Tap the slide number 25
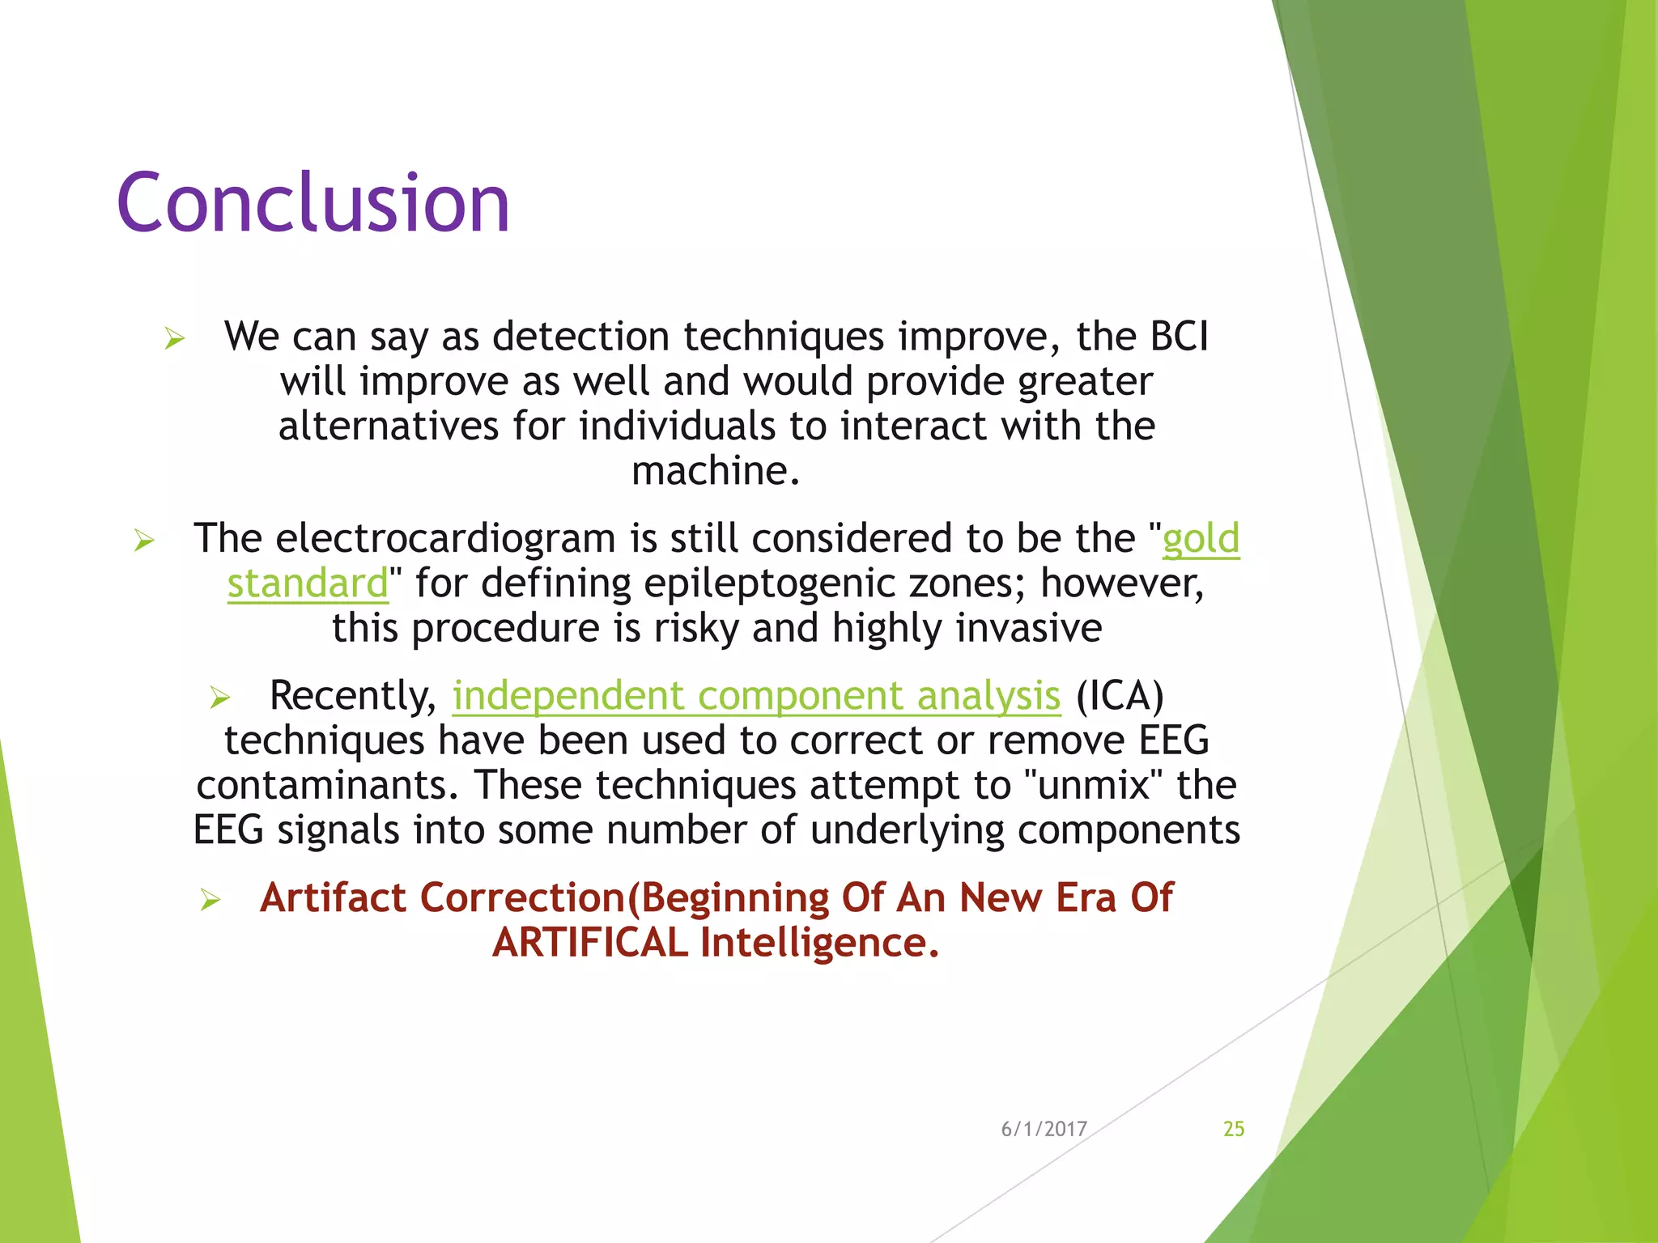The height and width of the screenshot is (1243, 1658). (1233, 1129)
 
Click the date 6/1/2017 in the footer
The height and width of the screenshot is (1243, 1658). (1044, 1129)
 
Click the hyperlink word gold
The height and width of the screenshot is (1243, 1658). (1201, 539)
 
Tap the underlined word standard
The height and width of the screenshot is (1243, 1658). (308, 583)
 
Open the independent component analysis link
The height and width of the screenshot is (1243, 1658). (755, 696)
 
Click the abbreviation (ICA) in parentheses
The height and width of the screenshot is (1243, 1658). (1120, 696)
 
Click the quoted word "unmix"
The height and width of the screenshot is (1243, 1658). (1094, 785)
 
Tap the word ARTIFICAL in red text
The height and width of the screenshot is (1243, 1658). (590, 943)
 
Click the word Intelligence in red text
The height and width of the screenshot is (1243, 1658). (818, 943)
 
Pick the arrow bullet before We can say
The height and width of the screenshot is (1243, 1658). (174, 338)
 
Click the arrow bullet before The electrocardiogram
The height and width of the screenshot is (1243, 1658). (143, 541)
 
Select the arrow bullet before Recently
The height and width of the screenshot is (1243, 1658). (219, 698)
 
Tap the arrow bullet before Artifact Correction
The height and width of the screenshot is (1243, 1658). (210, 900)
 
